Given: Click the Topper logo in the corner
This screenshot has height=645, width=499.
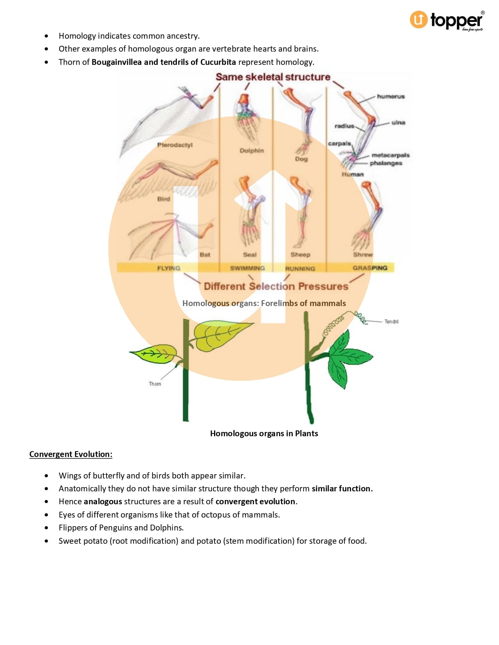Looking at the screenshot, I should [x=447, y=20].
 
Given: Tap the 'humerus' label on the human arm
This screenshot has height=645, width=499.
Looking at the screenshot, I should [x=391, y=96].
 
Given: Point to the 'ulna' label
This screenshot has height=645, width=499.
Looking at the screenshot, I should [x=398, y=122].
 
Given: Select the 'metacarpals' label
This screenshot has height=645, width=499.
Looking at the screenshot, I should [x=390, y=155].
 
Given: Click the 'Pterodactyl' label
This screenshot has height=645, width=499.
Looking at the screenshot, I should [x=175, y=145].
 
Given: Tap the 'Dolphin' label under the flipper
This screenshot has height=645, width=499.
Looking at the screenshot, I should [x=252, y=150].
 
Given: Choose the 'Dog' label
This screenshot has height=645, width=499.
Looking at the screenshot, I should [x=301, y=159].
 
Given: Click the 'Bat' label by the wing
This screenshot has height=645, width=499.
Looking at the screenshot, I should [x=205, y=254].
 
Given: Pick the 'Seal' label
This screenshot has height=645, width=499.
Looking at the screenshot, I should [x=250, y=254].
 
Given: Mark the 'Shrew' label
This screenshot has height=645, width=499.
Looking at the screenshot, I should [x=363, y=254].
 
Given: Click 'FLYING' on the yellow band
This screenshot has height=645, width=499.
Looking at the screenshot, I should [x=168, y=268].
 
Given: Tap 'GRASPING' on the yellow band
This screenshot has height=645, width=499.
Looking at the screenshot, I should [x=370, y=268].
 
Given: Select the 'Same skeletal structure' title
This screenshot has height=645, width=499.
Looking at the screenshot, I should [x=273, y=77].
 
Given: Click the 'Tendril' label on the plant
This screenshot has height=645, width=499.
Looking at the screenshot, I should [x=391, y=322].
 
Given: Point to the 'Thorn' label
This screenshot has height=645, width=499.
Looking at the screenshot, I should [x=155, y=384].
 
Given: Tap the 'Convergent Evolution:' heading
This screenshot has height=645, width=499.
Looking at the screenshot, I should [x=71, y=454].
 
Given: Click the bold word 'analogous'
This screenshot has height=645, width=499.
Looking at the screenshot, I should [x=103, y=502].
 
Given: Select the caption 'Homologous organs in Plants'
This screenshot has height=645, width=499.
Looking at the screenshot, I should [x=264, y=434].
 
